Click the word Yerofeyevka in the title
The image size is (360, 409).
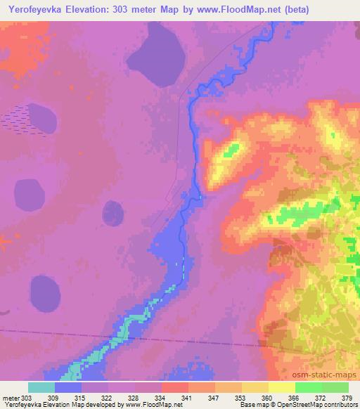pyautogui.click(x=36, y=9)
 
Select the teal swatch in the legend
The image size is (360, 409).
pyautogui.click(x=41, y=387)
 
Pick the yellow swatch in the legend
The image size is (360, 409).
pyautogui.click(x=281, y=387)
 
